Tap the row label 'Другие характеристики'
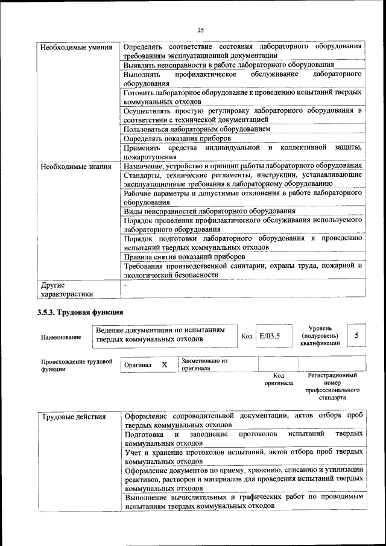pos(66,290)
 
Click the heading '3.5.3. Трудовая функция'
pos(80,313)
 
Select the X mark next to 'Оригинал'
pos(164,365)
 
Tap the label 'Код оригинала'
pos(278,379)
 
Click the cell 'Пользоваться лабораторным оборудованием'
pos(197,129)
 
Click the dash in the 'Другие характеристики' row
pos(125,284)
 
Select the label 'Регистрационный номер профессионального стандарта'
pos(332,387)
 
